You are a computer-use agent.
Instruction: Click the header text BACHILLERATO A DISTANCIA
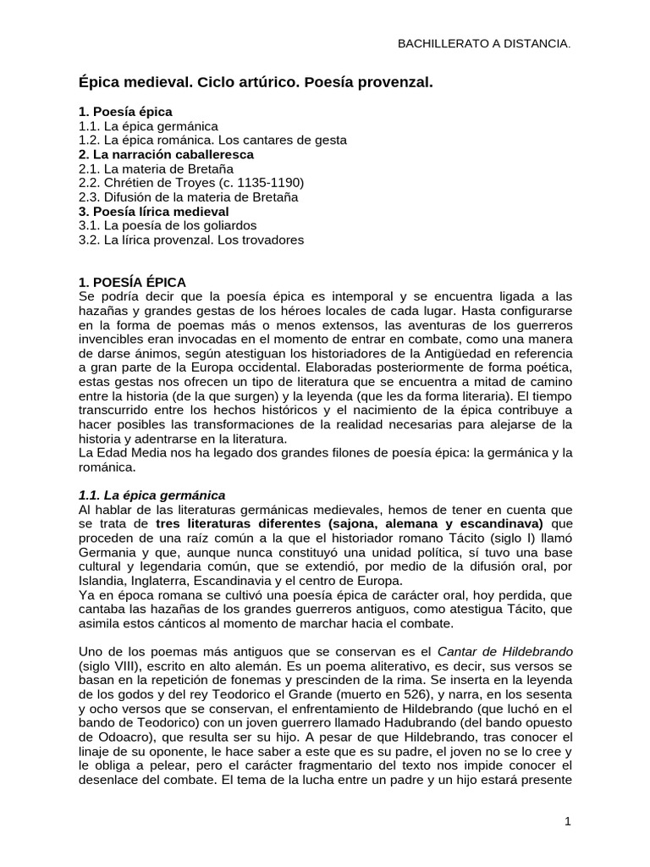[x=484, y=43]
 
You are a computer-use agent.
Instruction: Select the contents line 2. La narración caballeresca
[x=166, y=154]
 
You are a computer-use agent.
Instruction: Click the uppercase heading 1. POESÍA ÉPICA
[x=132, y=282]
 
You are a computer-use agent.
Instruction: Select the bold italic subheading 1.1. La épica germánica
[x=151, y=494]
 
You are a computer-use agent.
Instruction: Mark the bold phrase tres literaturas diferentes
[x=241, y=523]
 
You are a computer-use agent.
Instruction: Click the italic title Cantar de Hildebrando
[x=505, y=651]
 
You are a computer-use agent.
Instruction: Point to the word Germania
[x=105, y=552]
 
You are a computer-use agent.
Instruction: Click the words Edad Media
[x=124, y=453]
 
